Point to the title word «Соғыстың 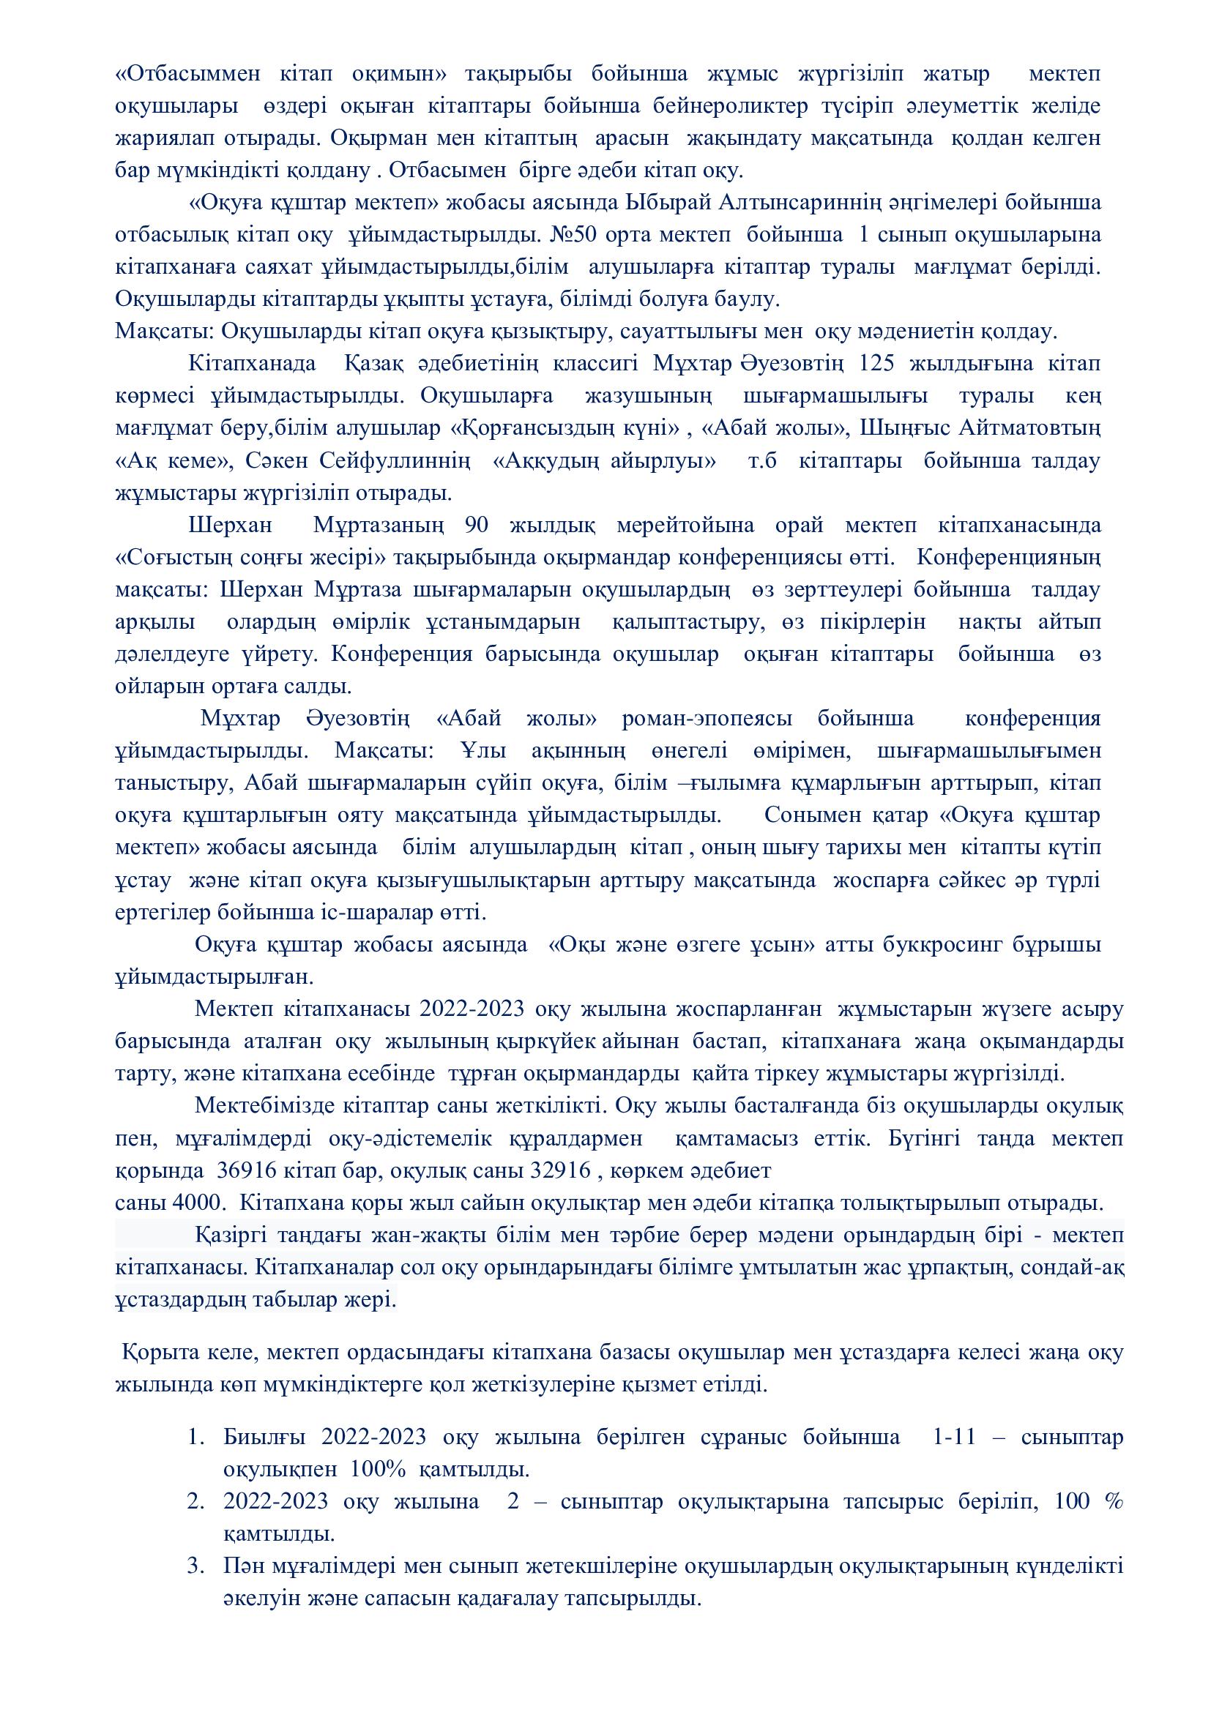click(x=168, y=557)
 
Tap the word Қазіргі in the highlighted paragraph click(x=231, y=1236)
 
